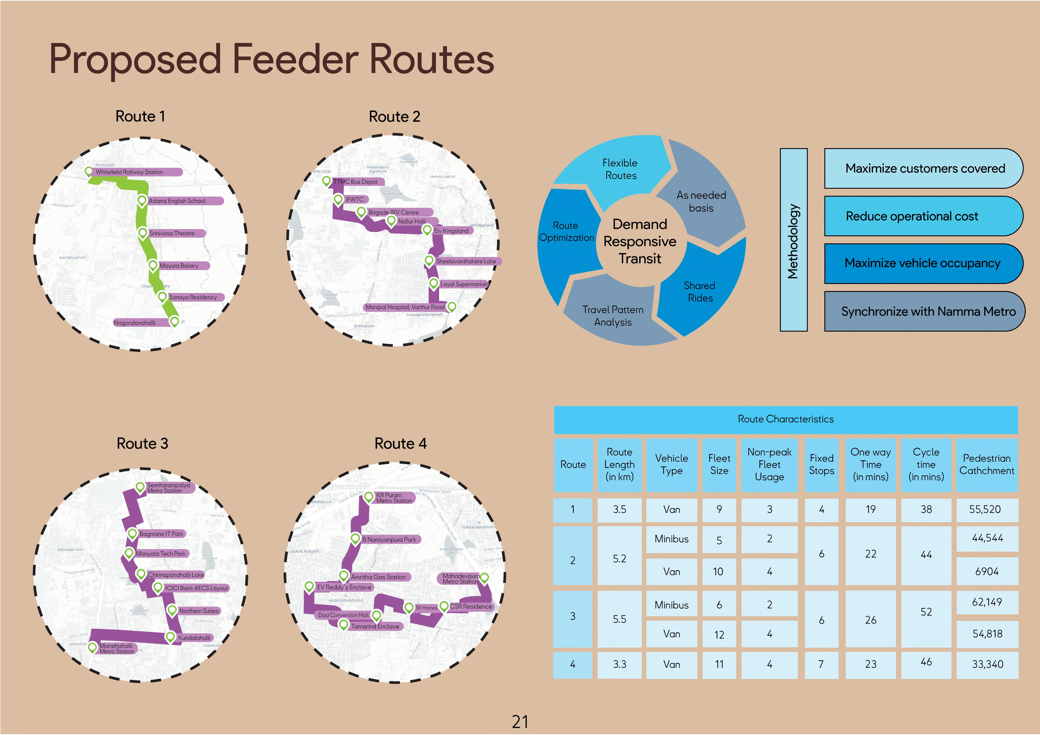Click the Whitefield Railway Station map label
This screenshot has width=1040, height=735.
pyautogui.click(x=129, y=172)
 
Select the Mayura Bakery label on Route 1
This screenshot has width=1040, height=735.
pyautogui.click(x=179, y=266)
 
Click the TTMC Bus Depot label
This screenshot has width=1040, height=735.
pyautogui.click(x=355, y=182)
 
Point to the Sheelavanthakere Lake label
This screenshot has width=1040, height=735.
pyautogui.click(x=466, y=261)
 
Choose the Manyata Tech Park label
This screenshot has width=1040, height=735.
pyautogui.click(x=161, y=553)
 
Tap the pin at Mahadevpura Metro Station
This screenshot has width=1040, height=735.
pyautogui.click(x=484, y=577)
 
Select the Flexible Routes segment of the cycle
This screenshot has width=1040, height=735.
pyautogui.click(x=620, y=169)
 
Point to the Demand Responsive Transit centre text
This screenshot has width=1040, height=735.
pyautogui.click(x=640, y=241)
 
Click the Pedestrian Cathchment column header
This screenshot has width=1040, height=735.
pyautogui.click(x=987, y=464)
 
